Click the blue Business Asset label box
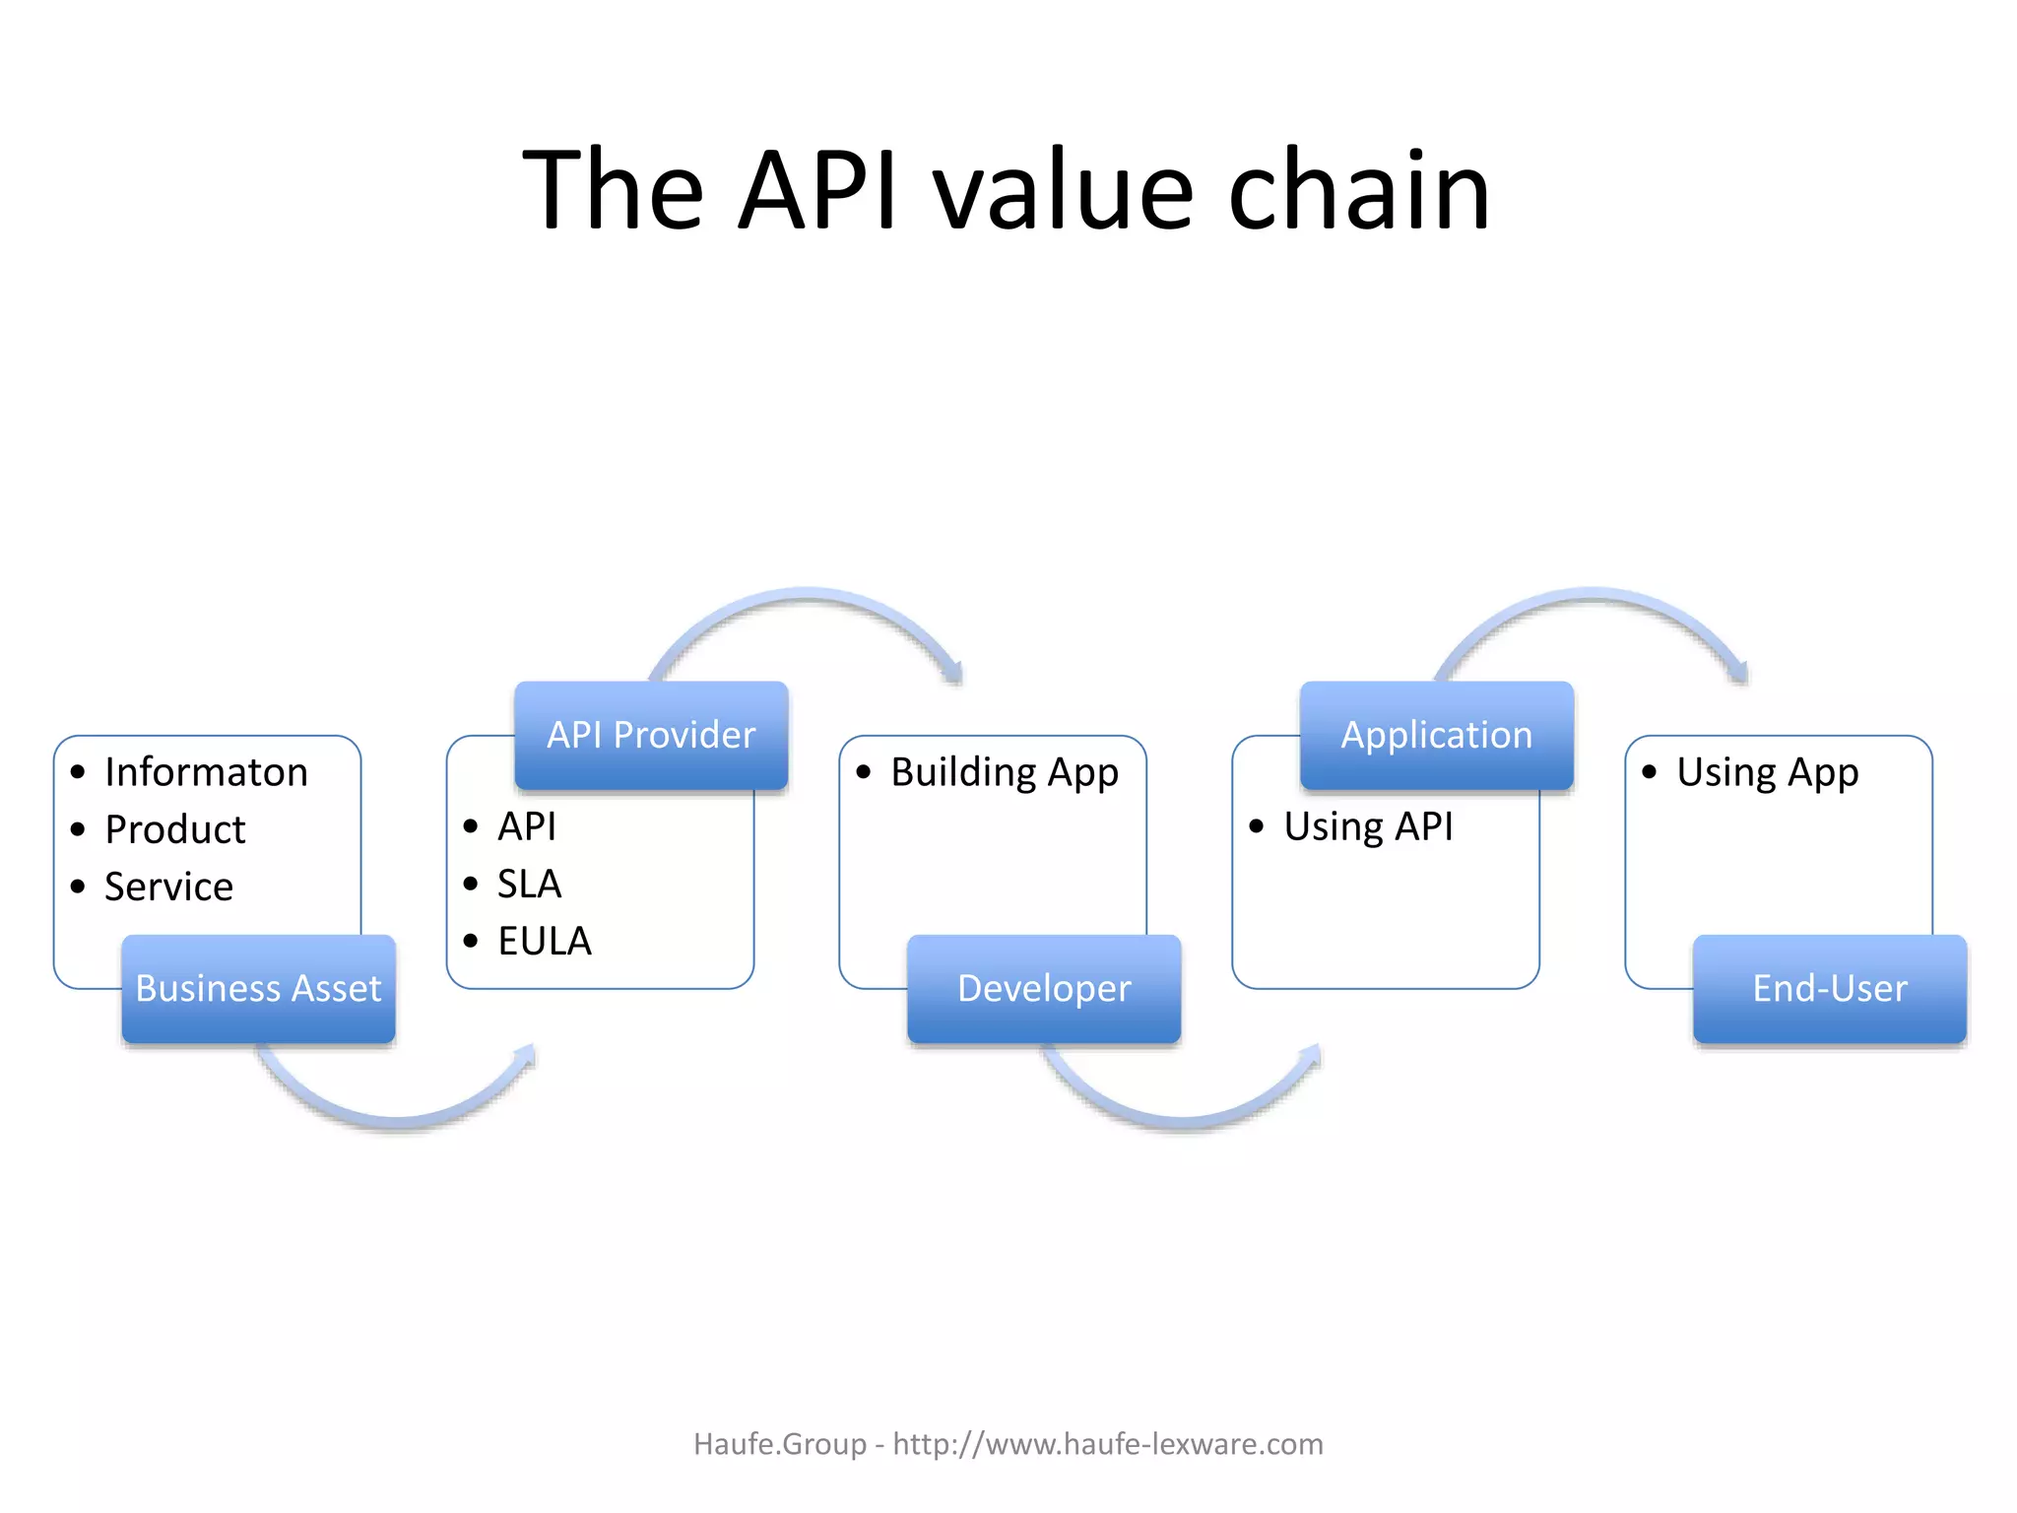tap(258, 988)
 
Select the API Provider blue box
tap(651, 735)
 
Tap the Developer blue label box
tap(1044, 988)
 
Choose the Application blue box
tap(1436, 735)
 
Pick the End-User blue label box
tap(1829, 988)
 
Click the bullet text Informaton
tap(206, 772)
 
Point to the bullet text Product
tap(174, 829)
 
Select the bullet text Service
tap(168, 887)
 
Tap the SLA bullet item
tap(529, 884)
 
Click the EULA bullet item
tap(544, 941)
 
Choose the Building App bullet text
tap(1004, 772)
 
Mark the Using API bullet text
tap(1367, 826)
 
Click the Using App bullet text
tap(1767, 772)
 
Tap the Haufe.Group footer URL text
tap(1008, 1444)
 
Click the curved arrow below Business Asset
tap(394, 1118)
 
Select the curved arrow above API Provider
tap(808, 597)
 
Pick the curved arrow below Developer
tap(1180, 1118)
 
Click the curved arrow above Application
tap(1593, 597)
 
